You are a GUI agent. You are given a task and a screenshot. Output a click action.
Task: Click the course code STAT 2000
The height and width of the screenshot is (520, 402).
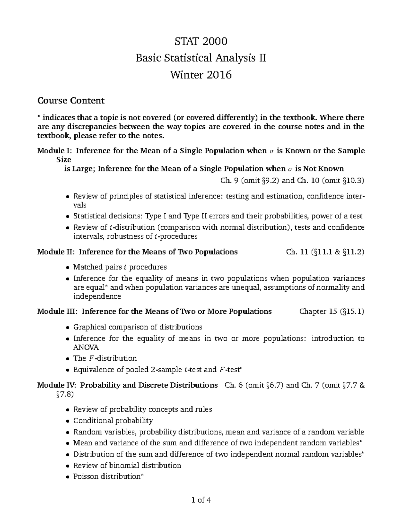coord(201,41)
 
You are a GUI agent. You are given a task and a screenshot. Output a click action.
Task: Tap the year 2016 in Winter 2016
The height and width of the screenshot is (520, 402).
coord(219,75)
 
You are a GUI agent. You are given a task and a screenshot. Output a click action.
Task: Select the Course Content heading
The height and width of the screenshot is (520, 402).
coord(71,100)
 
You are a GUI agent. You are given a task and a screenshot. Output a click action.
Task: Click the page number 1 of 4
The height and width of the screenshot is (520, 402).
coord(201,501)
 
